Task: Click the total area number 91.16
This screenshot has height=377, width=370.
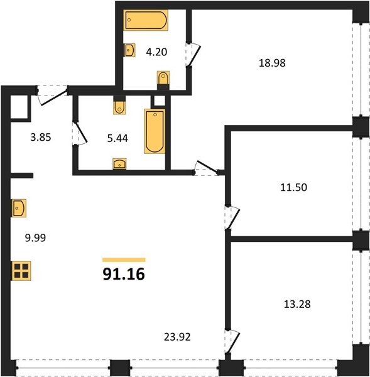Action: (124, 274)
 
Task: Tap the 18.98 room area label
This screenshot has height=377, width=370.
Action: (272, 63)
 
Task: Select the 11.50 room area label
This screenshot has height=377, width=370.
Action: (293, 187)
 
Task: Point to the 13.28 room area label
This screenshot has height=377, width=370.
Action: (297, 304)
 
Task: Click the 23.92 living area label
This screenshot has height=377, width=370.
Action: (177, 337)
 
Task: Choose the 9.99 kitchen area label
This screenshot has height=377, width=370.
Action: (35, 238)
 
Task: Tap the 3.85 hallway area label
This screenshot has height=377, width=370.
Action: (41, 137)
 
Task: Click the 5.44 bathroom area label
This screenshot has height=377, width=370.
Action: (117, 138)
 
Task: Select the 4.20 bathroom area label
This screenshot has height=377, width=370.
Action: (156, 52)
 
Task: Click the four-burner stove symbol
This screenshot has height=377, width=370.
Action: (21, 271)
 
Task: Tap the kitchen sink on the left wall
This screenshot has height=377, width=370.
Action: (19, 208)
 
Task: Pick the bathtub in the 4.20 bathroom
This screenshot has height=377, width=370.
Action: (146, 20)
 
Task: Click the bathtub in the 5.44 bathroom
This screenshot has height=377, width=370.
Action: (155, 131)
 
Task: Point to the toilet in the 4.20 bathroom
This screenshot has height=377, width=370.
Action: (163, 78)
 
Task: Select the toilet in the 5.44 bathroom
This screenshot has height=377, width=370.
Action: (119, 107)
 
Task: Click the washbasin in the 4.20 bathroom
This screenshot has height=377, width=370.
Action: (129, 50)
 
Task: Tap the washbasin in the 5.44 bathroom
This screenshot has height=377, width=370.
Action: (119, 164)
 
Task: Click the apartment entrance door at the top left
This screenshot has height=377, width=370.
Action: (52, 95)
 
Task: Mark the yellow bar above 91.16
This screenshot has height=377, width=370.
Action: (124, 260)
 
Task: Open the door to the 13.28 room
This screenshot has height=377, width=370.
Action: (232, 341)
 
